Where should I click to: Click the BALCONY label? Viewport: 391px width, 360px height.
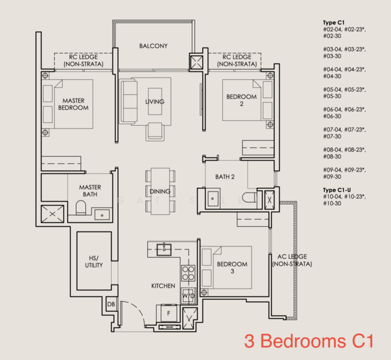click(x=153, y=46)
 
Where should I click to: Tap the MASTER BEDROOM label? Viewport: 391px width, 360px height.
click(x=73, y=104)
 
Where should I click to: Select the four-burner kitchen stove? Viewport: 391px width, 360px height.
click(x=189, y=274)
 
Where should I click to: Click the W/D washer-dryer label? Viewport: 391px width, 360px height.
click(x=189, y=296)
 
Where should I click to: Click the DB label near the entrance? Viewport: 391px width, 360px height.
click(x=111, y=305)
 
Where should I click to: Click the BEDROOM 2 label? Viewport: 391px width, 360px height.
click(x=241, y=100)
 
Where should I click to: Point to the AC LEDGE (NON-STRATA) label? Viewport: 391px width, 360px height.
click(x=288, y=260)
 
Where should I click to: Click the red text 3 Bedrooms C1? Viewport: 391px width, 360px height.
click(x=309, y=341)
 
